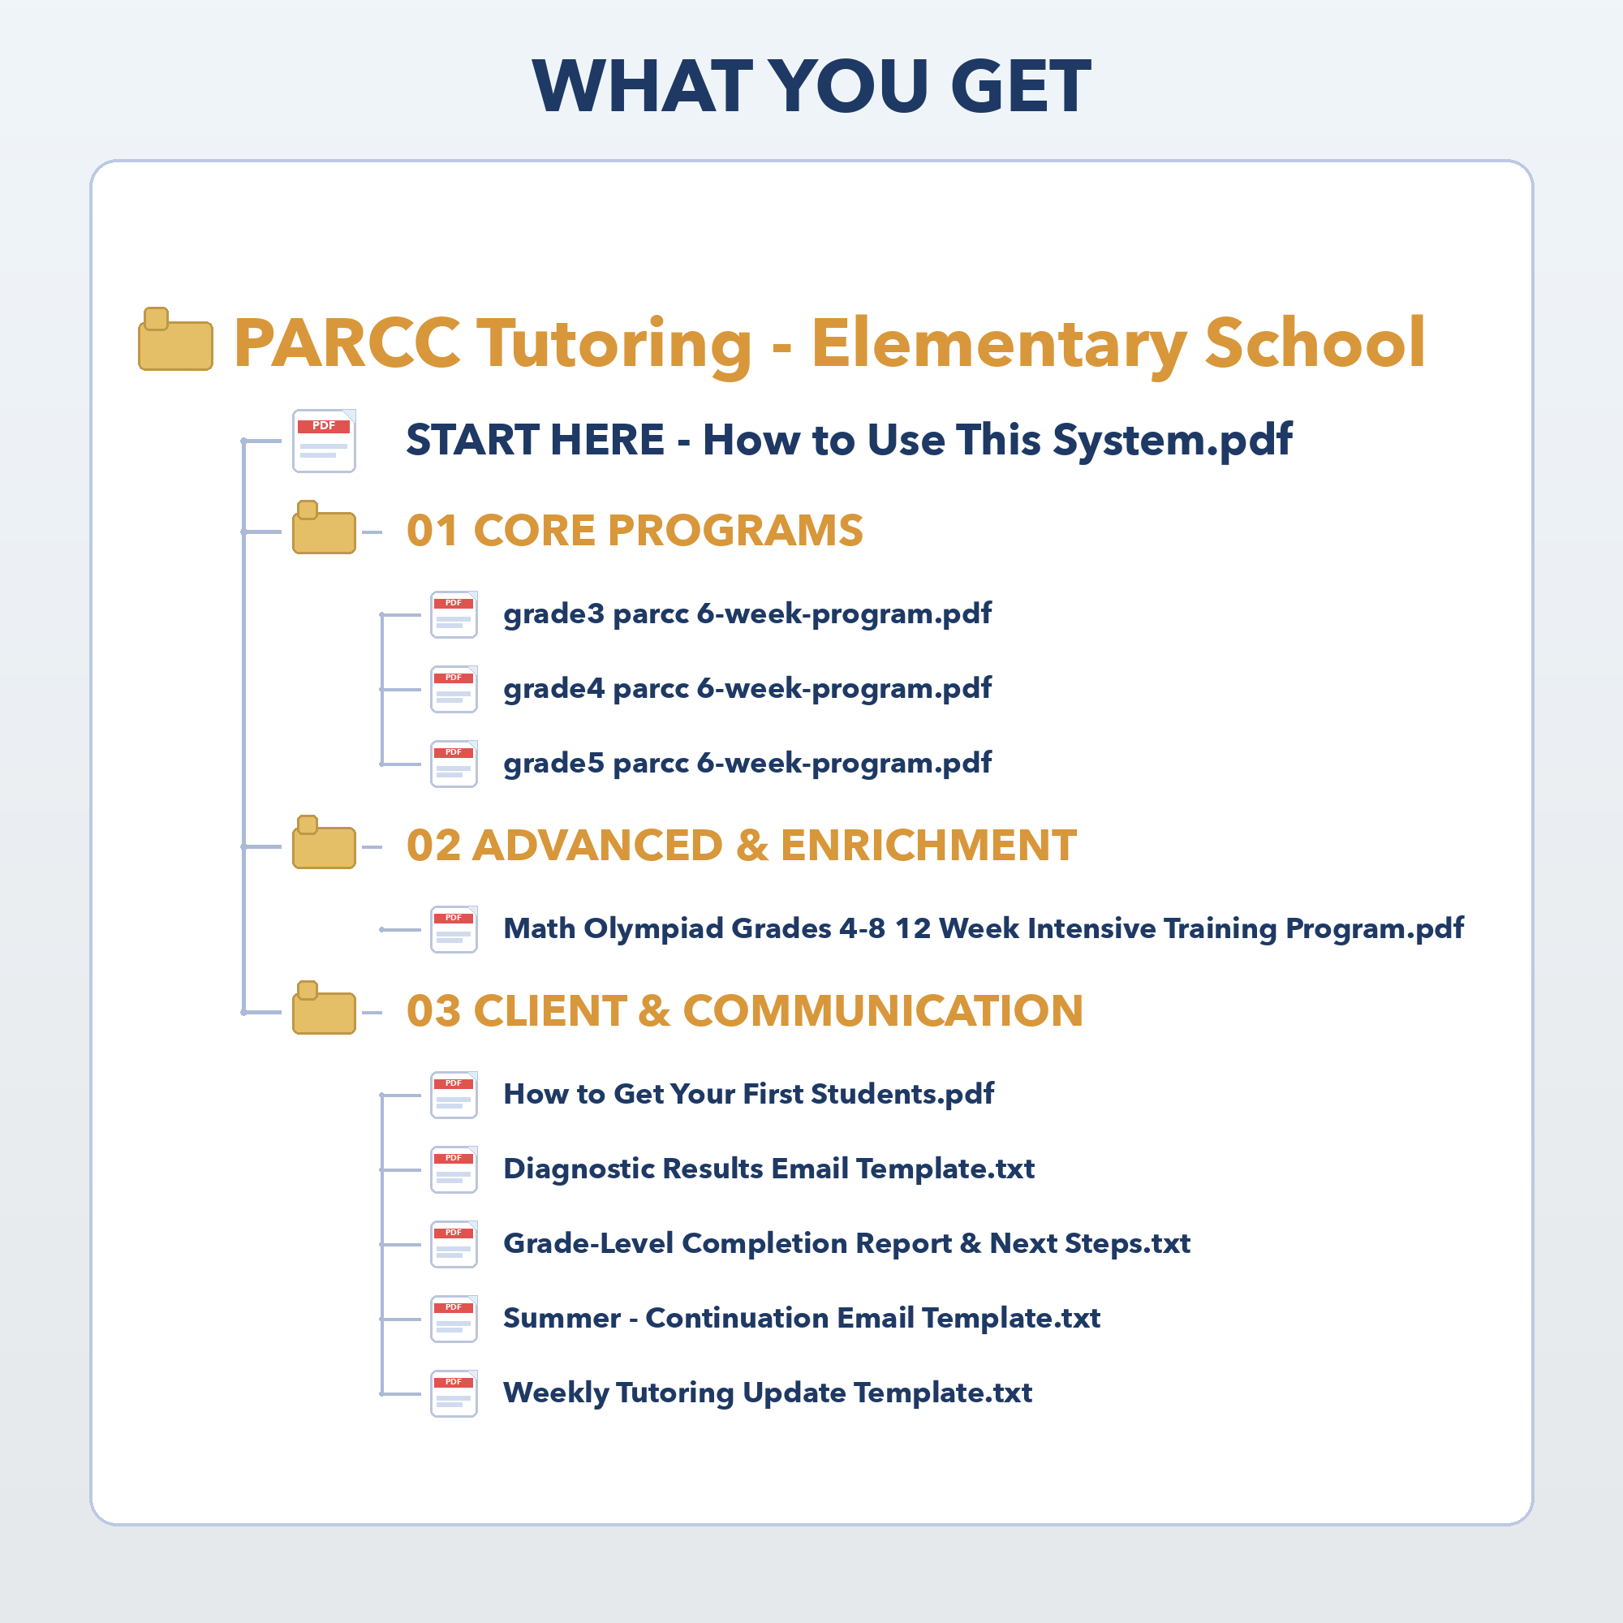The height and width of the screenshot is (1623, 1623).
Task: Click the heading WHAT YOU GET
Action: [811, 86]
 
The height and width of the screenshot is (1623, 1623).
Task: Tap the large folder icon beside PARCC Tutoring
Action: [174, 339]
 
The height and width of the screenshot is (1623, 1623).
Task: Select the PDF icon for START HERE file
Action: [325, 441]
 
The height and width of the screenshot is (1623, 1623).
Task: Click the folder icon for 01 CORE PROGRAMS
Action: [325, 528]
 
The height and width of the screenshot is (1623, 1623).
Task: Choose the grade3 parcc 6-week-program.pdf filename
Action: [747, 614]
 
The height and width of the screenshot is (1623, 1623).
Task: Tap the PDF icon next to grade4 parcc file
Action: [454, 690]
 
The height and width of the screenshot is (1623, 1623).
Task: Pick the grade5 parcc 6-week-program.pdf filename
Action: [747, 764]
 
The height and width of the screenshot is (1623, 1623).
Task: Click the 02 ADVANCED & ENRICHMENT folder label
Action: [741, 845]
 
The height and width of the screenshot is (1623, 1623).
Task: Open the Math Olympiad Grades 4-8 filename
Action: [983, 929]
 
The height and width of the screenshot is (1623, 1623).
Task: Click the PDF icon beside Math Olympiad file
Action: [454, 929]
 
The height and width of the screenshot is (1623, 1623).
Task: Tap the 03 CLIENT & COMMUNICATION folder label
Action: [744, 1010]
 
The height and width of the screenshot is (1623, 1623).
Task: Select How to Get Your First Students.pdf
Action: [748, 1095]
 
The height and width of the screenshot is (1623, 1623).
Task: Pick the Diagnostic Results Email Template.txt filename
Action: [768, 1169]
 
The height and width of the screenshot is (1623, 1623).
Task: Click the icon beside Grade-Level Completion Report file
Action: [454, 1244]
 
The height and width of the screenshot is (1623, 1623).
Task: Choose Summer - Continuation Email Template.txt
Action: [802, 1319]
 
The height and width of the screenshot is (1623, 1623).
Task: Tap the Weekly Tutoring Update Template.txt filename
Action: [767, 1393]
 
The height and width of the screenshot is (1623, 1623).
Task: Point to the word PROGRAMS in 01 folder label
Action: [735, 531]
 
